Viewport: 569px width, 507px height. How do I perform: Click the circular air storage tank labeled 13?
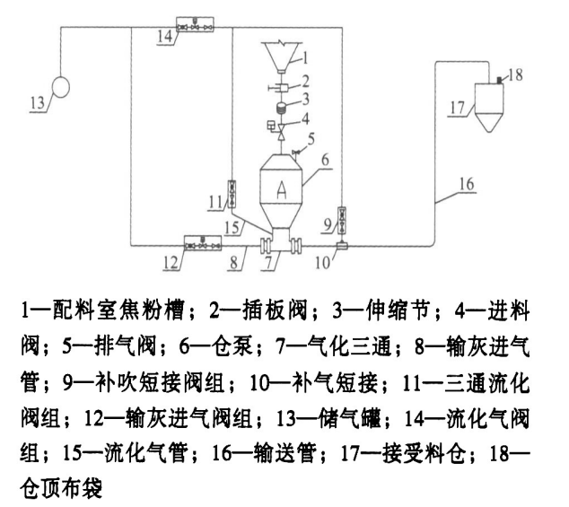click(x=64, y=88)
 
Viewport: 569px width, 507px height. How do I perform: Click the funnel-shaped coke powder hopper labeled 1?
click(x=280, y=57)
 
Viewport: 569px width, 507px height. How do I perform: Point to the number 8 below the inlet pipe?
click(x=235, y=264)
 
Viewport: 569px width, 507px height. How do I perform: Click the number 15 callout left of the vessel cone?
click(x=233, y=228)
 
